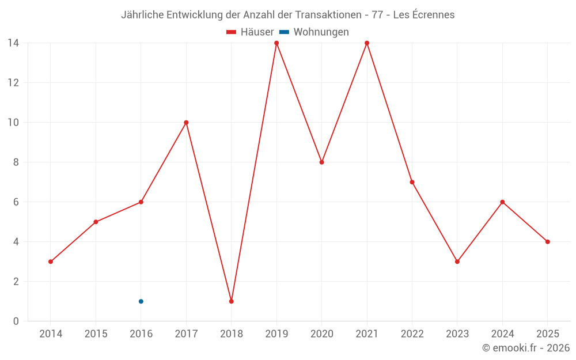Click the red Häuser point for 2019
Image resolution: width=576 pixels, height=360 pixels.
[276, 43]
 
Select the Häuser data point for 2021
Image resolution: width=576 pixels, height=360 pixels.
[367, 43]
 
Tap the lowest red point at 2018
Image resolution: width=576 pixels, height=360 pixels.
[231, 301]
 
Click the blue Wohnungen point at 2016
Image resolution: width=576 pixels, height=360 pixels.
[141, 301]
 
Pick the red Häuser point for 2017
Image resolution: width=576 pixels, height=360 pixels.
[186, 123]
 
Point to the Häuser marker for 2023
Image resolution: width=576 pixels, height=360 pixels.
[457, 262]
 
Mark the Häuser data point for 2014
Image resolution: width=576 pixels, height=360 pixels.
[51, 262]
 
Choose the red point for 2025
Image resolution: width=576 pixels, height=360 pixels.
[547, 242]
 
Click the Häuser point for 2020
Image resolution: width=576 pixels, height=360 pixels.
[321, 162]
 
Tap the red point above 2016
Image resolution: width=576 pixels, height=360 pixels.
[141, 202]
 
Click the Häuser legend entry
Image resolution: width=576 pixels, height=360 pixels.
[250, 32]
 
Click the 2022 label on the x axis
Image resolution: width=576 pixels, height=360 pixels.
[412, 334]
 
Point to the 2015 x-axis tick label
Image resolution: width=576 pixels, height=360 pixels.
[96, 334]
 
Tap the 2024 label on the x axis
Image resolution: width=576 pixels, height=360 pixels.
[502, 334]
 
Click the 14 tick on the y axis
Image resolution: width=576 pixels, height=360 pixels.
[13, 43]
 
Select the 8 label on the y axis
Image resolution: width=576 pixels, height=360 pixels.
[16, 162]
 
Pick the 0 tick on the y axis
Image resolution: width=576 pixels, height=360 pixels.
[16, 321]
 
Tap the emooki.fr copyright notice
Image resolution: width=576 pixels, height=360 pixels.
[526, 348]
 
